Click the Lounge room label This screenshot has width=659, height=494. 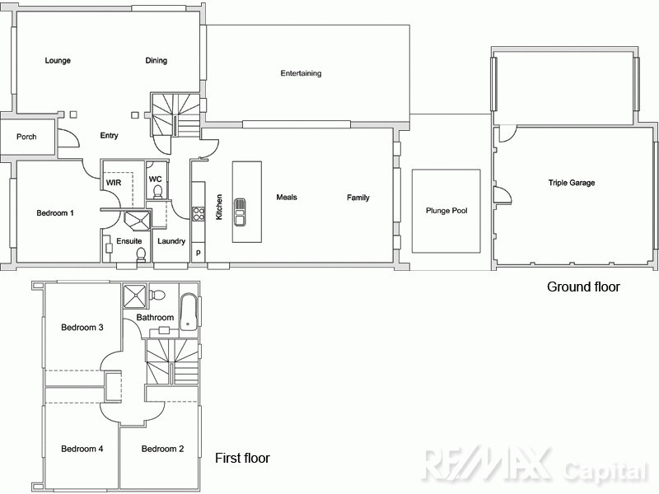click(x=58, y=61)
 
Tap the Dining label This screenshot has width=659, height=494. click(x=157, y=61)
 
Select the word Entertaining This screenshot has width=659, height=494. click(x=301, y=74)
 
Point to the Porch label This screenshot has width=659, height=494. click(x=26, y=137)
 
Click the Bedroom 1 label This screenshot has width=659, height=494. click(x=55, y=213)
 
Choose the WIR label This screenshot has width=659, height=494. click(x=114, y=182)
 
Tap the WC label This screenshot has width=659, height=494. click(x=155, y=179)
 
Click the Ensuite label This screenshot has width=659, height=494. click(x=129, y=241)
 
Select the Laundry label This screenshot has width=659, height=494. click(x=171, y=241)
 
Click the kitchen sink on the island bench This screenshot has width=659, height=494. click(x=240, y=212)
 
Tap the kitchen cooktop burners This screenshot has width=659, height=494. click(x=199, y=214)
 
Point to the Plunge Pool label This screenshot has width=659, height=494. click(x=446, y=211)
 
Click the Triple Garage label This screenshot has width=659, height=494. click(x=572, y=183)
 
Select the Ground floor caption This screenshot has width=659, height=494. click(x=583, y=287)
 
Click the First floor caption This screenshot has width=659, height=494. click(x=242, y=459)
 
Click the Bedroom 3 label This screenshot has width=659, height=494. click(x=82, y=328)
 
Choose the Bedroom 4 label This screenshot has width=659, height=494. click(x=82, y=450)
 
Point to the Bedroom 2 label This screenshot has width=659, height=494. click(x=162, y=450)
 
